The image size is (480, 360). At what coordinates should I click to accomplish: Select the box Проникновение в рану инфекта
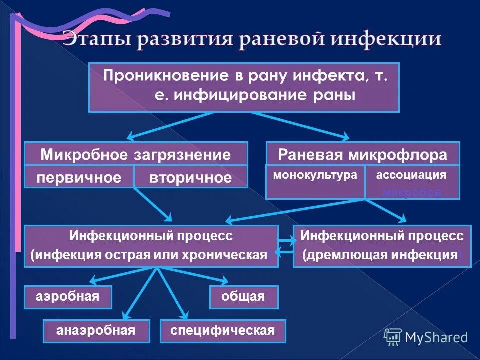(244, 87)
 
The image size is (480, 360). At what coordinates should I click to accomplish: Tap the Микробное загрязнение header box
(136, 154)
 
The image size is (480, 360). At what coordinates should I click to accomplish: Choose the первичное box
(80, 177)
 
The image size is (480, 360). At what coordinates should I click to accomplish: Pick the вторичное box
(191, 177)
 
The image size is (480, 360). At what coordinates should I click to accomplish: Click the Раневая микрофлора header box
(362, 154)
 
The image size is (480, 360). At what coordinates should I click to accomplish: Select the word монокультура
(315, 175)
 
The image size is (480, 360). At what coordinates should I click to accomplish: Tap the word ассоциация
(411, 175)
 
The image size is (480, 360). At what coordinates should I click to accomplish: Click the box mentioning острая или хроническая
(151, 246)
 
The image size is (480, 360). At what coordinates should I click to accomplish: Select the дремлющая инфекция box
(382, 246)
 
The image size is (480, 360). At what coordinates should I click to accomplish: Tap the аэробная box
(68, 297)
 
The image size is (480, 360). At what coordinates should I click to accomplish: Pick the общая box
(243, 297)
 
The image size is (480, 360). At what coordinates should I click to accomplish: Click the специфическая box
(223, 331)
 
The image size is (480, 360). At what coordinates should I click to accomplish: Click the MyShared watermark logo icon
(393, 337)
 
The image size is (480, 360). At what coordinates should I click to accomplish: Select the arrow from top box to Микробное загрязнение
(170, 125)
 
